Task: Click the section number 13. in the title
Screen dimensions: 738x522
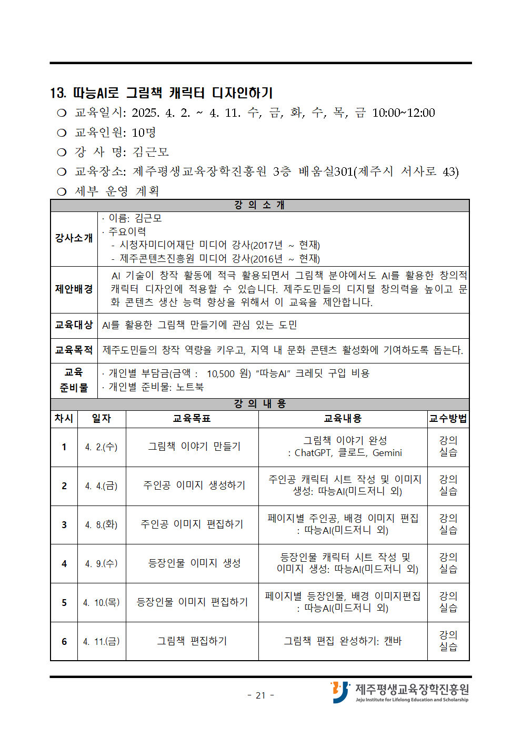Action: click(58, 94)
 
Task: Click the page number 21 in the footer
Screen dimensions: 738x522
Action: click(260, 695)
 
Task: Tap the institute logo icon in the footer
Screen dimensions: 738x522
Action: click(340, 692)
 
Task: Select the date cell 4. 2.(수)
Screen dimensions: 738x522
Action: click(102, 447)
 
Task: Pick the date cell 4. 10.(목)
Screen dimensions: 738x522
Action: click(102, 603)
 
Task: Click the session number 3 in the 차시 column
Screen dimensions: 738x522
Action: click(64, 525)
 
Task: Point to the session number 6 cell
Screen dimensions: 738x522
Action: click(64, 642)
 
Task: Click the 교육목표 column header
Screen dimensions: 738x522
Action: click(192, 419)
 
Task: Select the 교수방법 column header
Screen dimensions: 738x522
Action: click(448, 419)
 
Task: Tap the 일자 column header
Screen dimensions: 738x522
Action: click(102, 419)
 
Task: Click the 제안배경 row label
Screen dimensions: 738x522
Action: click(74, 289)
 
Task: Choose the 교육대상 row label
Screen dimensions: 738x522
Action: click(74, 325)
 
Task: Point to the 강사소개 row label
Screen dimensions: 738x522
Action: click(74, 238)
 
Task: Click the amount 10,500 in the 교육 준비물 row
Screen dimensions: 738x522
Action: click(220, 374)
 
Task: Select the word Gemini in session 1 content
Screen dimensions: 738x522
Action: click(387, 453)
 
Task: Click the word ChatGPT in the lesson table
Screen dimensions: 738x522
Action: click(313, 453)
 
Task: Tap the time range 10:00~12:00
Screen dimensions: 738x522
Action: click(404, 113)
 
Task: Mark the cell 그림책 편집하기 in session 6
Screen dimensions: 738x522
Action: click(192, 641)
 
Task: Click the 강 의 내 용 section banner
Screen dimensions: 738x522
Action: click(260, 404)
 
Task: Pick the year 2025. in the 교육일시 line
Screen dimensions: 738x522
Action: click(145, 113)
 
